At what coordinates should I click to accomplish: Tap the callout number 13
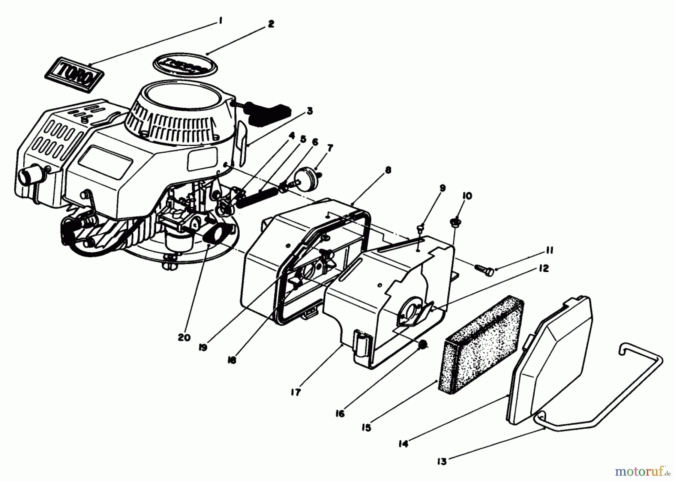point(442,461)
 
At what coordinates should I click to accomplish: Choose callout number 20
point(184,337)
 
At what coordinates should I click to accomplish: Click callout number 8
point(388,171)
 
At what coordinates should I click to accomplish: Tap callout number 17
point(295,393)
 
